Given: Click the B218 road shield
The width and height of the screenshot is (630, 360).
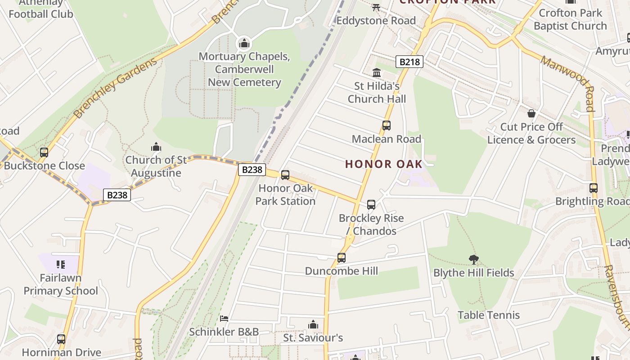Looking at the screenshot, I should point(409,62).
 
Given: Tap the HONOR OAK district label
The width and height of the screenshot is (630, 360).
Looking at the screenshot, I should point(384,164).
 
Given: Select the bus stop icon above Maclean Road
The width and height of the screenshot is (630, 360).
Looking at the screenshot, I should point(386,126).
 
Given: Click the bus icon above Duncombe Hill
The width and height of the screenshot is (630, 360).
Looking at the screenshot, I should point(342,258).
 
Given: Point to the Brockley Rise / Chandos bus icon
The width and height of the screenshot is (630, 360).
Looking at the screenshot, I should point(371,205).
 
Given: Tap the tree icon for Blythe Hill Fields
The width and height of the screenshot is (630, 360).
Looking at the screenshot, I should point(473,259).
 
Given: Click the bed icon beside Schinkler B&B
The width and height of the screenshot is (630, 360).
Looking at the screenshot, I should point(224,319).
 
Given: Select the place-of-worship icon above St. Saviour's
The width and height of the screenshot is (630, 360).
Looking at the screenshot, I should point(313,324).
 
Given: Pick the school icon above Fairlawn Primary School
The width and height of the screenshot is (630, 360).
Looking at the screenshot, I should point(61,264).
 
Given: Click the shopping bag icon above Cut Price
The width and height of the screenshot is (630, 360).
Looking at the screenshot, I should point(531,113).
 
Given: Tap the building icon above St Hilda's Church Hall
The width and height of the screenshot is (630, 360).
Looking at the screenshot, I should point(377,72).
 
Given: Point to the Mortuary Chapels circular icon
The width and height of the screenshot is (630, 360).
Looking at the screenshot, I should point(244,44).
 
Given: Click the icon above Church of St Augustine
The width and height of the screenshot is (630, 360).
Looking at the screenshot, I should point(156,147).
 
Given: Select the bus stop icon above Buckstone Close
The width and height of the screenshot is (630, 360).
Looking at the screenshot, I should point(44,152).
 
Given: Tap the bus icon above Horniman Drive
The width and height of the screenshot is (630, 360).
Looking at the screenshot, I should point(61,339).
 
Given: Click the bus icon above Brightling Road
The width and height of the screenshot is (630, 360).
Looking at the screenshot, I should point(594,188).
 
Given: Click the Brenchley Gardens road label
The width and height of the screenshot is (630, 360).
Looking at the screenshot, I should point(116,88).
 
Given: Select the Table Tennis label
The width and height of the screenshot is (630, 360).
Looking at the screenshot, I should point(489,315).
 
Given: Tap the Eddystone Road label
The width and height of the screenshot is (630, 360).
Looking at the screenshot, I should point(376,21).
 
